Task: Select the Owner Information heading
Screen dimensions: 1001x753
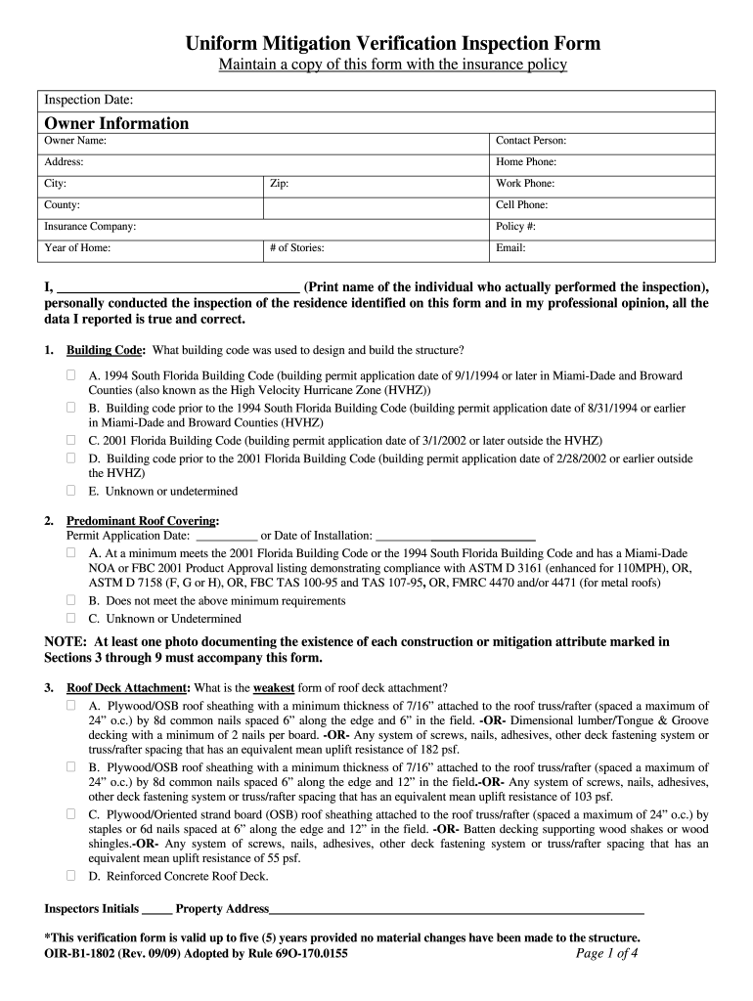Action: pos(116,123)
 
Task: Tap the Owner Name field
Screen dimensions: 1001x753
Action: pos(264,141)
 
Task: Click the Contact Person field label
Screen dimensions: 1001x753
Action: pos(531,141)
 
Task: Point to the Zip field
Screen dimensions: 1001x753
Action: pos(376,184)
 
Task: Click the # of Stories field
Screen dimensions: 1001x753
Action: pos(376,248)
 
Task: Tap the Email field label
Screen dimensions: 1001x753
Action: pos(510,248)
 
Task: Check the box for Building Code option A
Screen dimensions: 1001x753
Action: pos(71,375)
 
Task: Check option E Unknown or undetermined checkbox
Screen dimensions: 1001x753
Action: pos(71,491)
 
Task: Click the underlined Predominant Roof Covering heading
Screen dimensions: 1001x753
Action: pos(142,521)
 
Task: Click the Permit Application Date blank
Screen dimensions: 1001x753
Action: pos(226,536)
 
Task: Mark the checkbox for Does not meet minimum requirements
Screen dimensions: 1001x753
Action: pos(71,600)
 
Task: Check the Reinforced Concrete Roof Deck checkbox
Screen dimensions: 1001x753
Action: pos(71,875)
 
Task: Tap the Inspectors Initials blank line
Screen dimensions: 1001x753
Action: pos(156,910)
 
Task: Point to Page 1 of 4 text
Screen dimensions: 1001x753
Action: pos(607,954)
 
